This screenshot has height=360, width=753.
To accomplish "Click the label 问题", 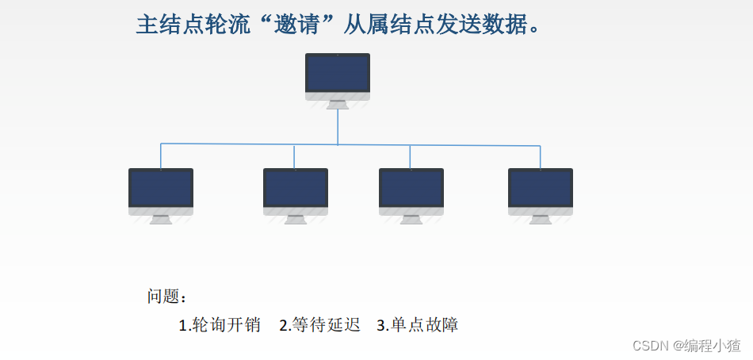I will [164, 297].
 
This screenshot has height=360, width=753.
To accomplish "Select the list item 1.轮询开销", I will [220, 325].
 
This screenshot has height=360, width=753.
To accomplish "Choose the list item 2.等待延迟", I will [320, 325].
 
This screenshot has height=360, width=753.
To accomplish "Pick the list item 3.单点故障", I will [418, 325].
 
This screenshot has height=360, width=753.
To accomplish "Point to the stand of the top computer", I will [338, 104].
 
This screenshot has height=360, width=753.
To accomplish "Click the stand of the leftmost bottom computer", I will [161, 219].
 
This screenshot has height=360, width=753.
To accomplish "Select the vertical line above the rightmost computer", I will [541, 157].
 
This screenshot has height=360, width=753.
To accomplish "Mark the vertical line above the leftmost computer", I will [161, 155].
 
